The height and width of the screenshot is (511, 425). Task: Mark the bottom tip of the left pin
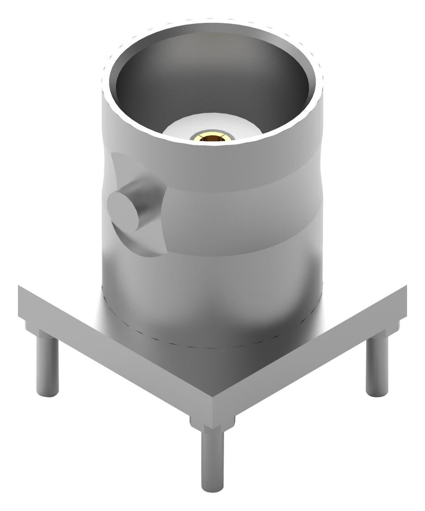pos(47,393)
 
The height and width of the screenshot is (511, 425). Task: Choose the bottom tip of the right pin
pos(377,392)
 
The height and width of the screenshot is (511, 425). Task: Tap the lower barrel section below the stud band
pos(212,297)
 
